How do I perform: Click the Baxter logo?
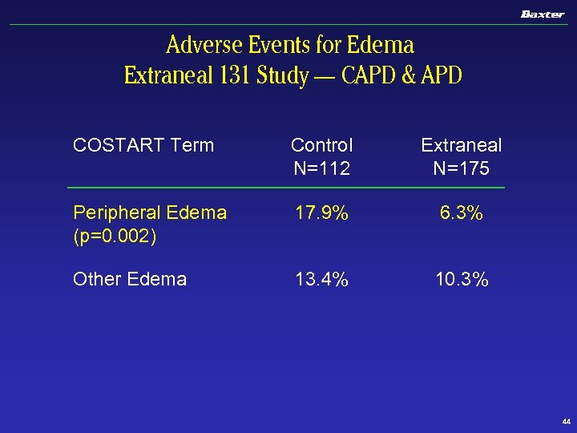tap(543, 14)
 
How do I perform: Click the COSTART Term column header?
tap(143, 145)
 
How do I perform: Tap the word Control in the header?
tap(321, 145)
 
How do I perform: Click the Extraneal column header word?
tap(462, 145)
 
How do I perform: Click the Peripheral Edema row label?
tap(150, 212)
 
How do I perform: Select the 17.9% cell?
tap(321, 213)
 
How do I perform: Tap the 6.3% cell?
tap(462, 213)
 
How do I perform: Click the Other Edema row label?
tap(130, 279)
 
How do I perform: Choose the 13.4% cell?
tap(321, 279)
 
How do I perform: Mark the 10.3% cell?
tap(462, 279)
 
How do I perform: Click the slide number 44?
tap(566, 421)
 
